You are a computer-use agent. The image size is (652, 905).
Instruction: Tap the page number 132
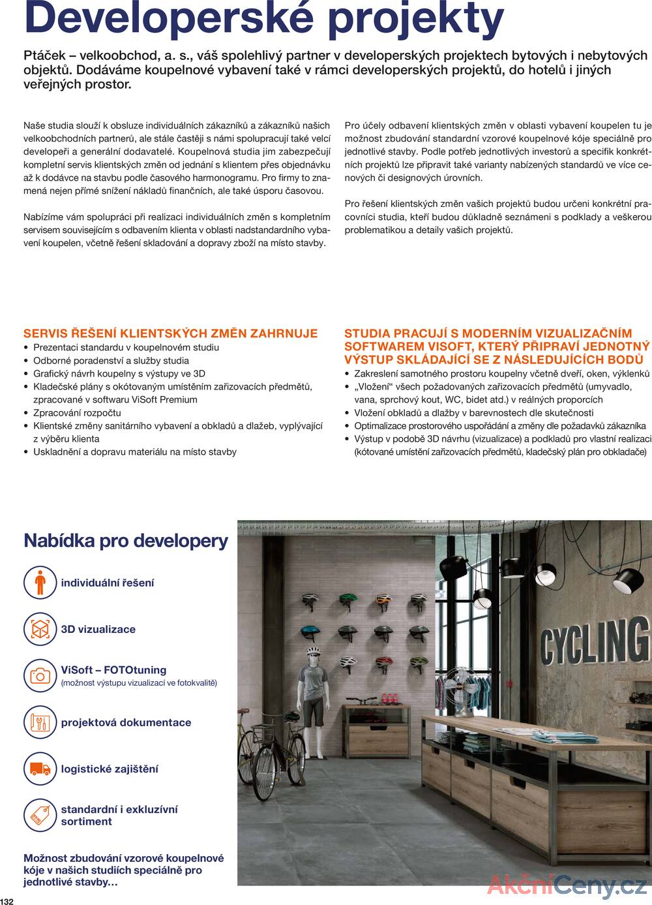coord(7,900)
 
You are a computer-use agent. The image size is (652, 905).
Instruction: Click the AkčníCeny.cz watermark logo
coord(567,885)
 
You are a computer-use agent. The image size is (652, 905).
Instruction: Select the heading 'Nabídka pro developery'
coord(126,541)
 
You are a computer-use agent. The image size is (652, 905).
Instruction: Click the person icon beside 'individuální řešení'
coord(40,583)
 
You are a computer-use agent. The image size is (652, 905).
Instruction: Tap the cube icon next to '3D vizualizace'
coord(40,629)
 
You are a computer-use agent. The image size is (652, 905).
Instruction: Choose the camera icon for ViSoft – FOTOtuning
coord(40,675)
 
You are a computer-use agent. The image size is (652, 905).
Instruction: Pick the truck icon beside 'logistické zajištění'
coord(40,769)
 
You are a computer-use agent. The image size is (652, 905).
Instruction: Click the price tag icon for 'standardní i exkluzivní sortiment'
coord(40,815)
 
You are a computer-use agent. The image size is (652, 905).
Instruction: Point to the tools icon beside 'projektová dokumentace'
coord(40,722)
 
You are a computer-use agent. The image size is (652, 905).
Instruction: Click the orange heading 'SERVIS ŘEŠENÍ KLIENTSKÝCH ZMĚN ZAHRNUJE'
coord(170,333)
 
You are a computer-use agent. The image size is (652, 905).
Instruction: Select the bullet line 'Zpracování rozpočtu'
coord(77,412)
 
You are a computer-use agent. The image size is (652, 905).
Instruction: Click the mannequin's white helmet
coord(314,651)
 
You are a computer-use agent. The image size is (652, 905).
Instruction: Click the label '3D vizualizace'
coord(98,630)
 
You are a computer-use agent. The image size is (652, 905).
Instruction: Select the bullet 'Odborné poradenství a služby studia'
coord(111,360)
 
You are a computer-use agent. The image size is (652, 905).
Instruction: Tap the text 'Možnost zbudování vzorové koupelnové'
coord(124,858)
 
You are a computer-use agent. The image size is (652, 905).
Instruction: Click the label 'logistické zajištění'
coord(110,769)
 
